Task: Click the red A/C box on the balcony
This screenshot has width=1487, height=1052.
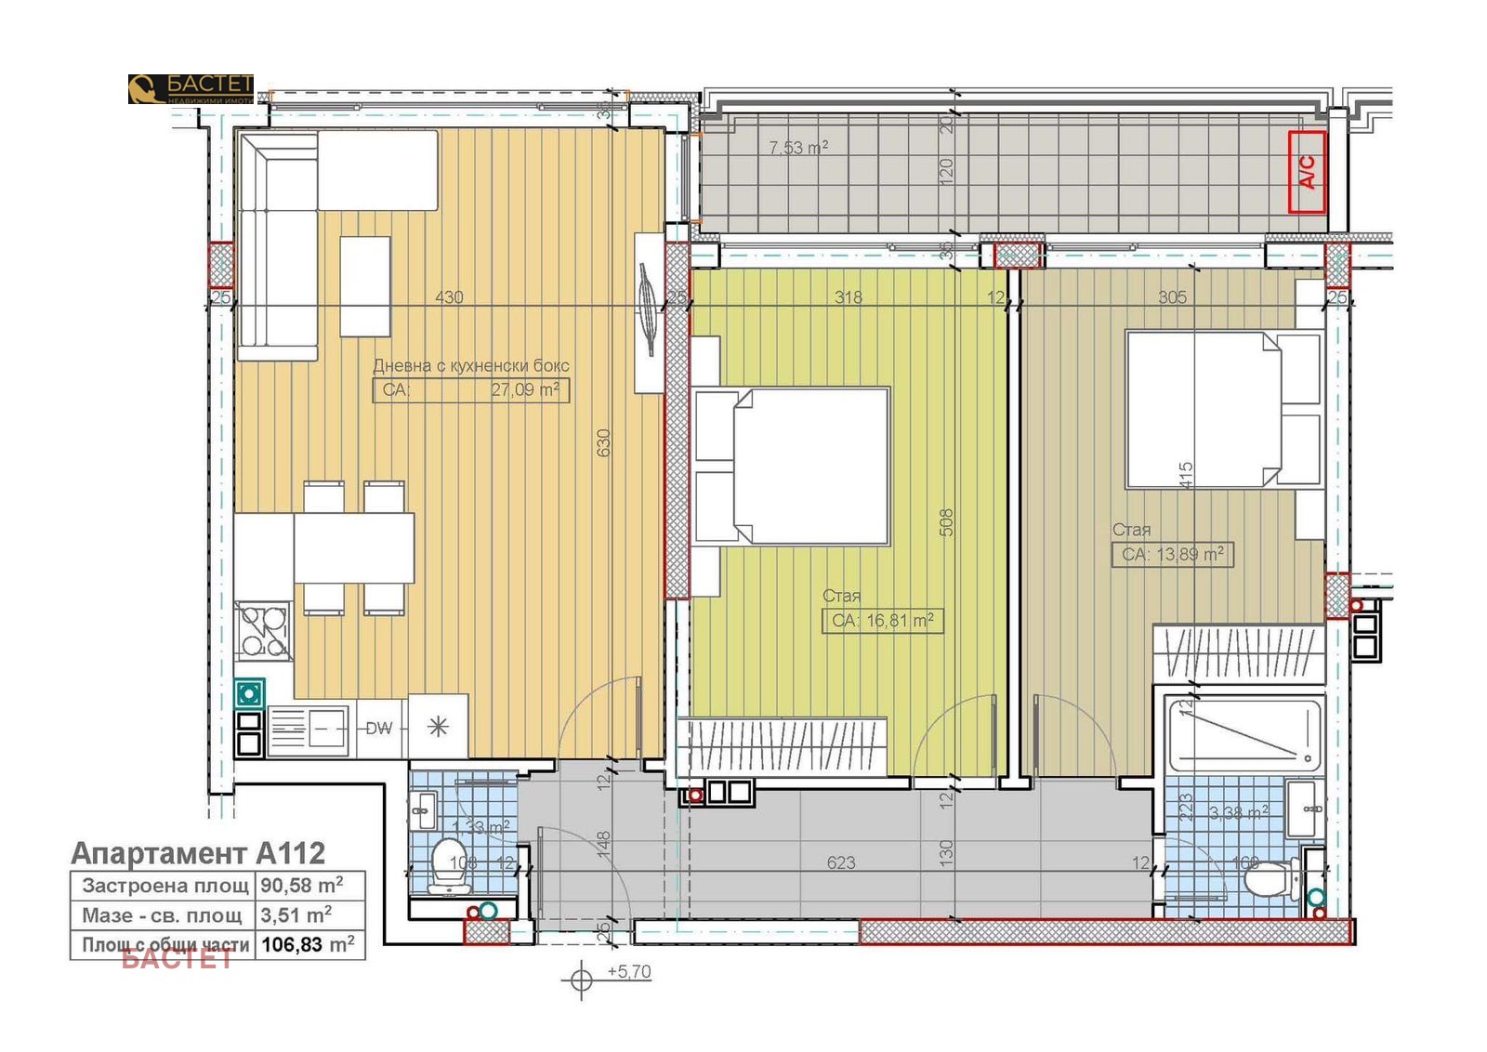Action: tap(1306, 172)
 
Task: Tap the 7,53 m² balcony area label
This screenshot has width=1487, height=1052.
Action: tap(797, 147)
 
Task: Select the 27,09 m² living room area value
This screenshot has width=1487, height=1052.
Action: tap(525, 389)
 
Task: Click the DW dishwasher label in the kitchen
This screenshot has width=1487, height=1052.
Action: tap(378, 728)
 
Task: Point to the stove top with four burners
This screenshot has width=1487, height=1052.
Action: tap(263, 629)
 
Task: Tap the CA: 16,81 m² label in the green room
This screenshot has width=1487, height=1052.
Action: tap(882, 620)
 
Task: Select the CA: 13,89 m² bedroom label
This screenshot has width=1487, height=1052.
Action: tap(1172, 554)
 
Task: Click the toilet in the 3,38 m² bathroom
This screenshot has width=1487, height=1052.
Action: tap(1275, 877)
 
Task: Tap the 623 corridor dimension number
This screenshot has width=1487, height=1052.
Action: tap(840, 862)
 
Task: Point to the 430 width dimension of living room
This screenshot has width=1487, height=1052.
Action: tap(449, 297)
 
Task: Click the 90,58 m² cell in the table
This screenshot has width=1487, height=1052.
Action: tap(301, 884)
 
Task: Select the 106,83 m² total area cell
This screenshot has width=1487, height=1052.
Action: tap(308, 944)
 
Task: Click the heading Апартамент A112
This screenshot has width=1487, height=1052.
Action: tap(198, 852)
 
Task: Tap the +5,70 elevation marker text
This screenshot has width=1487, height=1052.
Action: tap(629, 971)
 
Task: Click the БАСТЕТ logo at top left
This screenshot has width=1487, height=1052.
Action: tap(191, 88)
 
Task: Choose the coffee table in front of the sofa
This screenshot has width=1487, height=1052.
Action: tap(364, 285)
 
